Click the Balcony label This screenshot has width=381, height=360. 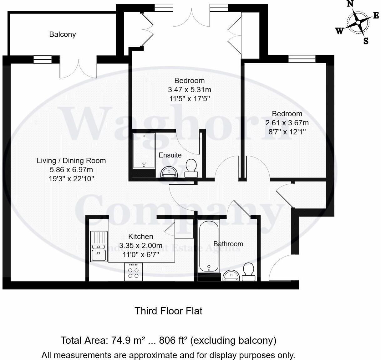pos(63,34)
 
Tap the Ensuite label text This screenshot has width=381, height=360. pos(170,155)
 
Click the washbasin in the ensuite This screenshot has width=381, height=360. pos(169,172)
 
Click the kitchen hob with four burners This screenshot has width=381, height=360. pos(134,272)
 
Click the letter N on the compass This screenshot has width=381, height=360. pos(350,4)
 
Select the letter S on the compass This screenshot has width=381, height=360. pos(366,41)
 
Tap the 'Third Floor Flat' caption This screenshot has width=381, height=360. pos(169,311)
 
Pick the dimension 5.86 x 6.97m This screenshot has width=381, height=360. pos(71,170)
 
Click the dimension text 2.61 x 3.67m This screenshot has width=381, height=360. pos(287,123)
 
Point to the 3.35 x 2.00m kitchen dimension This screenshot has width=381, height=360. pos(141,246)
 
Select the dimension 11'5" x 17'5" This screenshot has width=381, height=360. pos(189,99)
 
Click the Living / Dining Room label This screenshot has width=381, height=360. pos(71,161)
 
